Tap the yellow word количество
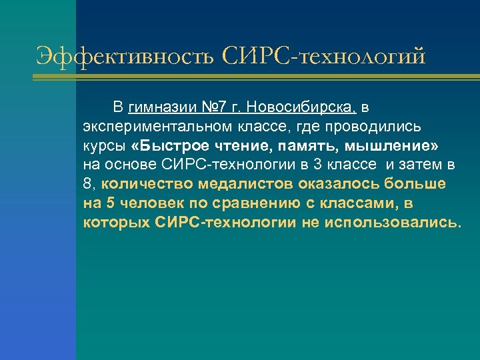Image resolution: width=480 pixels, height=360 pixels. click(143, 183)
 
